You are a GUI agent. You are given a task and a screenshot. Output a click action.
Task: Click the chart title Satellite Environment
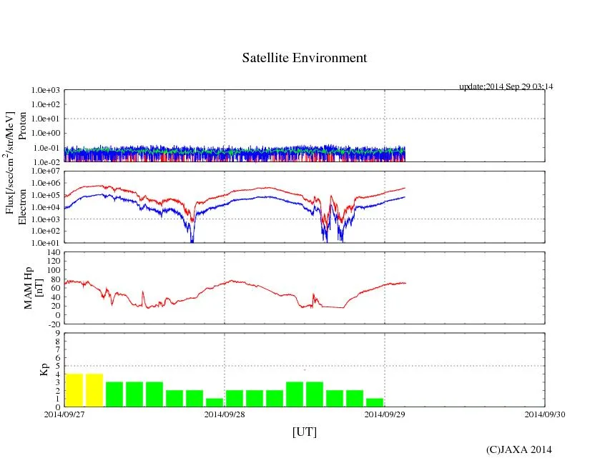click(x=305, y=58)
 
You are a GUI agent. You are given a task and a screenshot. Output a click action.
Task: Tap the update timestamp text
click(x=506, y=86)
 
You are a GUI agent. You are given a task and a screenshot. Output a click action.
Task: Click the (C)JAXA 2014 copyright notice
click(x=518, y=449)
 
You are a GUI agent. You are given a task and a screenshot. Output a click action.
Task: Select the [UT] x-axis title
click(x=304, y=432)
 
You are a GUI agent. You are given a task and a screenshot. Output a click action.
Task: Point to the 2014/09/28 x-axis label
click(x=225, y=414)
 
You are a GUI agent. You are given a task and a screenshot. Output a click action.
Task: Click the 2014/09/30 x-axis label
click(x=545, y=414)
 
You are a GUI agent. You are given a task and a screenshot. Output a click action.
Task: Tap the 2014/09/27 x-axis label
click(x=64, y=414)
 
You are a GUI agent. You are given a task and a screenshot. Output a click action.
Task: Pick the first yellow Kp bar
click(x=74, y=390)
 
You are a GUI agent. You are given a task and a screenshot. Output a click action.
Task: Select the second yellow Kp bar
click(x=94, y=390)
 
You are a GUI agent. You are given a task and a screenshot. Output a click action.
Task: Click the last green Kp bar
click(x=375, y=402)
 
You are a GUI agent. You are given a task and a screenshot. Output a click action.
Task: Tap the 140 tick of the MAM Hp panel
click(x=51, y=252)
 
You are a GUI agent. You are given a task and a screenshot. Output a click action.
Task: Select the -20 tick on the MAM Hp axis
click(x=51, y=324)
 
